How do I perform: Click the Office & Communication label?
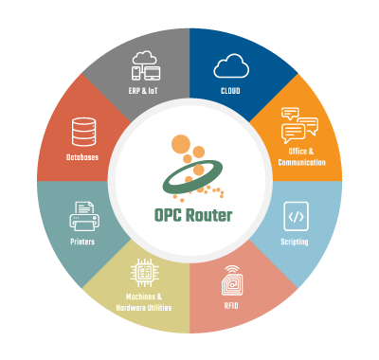301,156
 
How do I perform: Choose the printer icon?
83,216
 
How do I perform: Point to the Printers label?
83,242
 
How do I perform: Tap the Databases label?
83,157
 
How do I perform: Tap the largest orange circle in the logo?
184,145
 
